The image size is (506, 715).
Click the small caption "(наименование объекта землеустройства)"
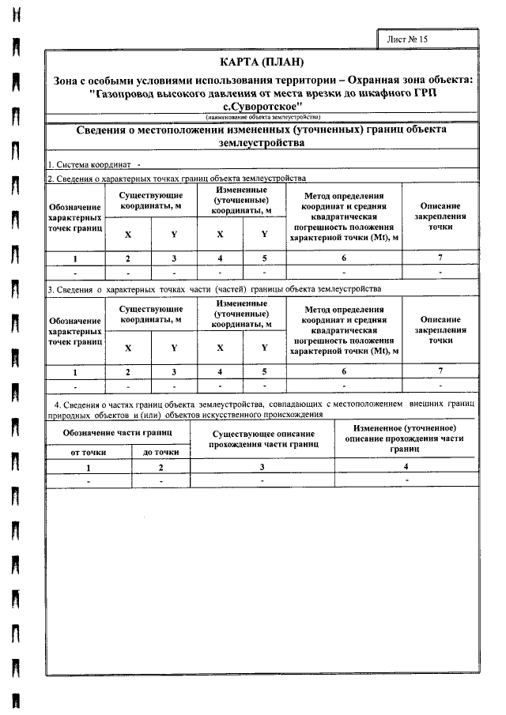click(x=261, y=116)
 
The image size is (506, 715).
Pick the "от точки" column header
click(x=88, y=451)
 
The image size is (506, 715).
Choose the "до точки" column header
click(x=160, y=451)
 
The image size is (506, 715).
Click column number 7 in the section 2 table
click(x=440, y=258)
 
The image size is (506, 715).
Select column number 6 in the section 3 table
click(x=344, y=371)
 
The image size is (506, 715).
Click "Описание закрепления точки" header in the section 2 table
click(x=440, y=215)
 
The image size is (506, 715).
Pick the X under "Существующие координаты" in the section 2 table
click(x=128, y=235)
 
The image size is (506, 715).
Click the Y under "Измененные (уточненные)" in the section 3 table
click(x=264, y=348)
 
